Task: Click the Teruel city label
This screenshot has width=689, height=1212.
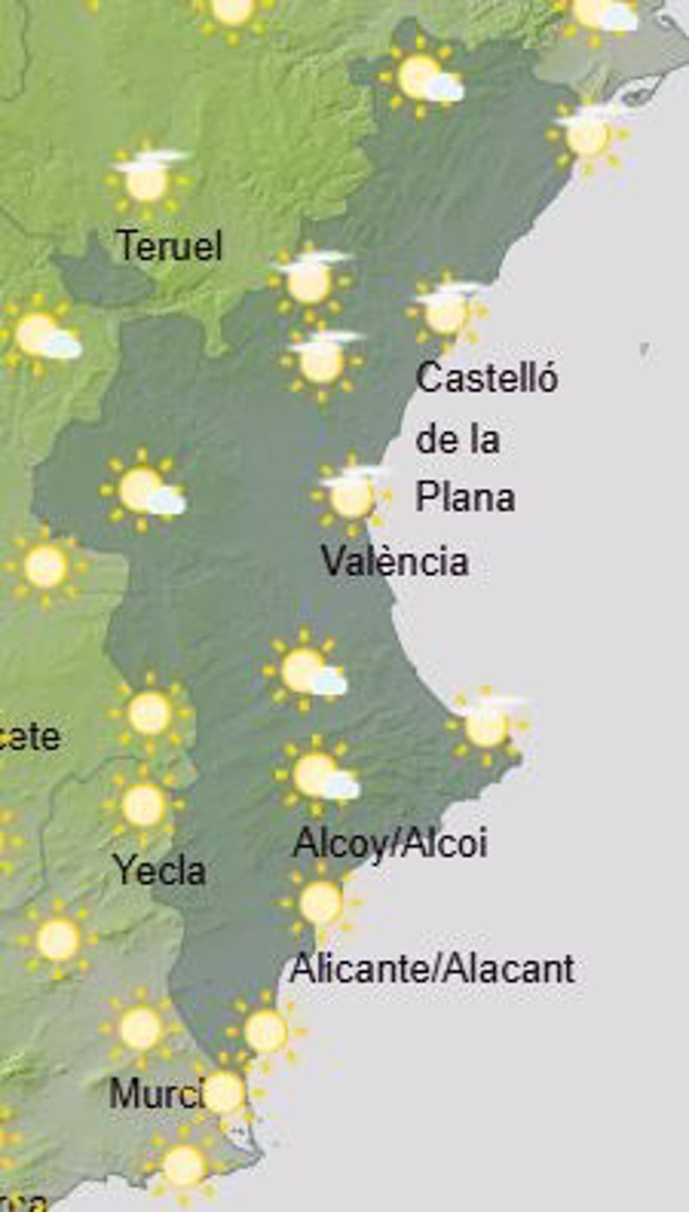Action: coord(169,246)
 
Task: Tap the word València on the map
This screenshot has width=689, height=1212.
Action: coord(394,561)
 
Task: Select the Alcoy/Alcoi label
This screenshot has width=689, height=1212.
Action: coord(390,844)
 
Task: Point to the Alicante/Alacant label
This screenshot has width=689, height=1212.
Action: coord(432,969)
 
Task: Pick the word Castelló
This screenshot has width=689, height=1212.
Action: coord(486,379)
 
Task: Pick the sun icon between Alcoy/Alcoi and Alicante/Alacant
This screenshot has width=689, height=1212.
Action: coord(320,903)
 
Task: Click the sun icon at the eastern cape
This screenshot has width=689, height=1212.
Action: coord(487,724)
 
